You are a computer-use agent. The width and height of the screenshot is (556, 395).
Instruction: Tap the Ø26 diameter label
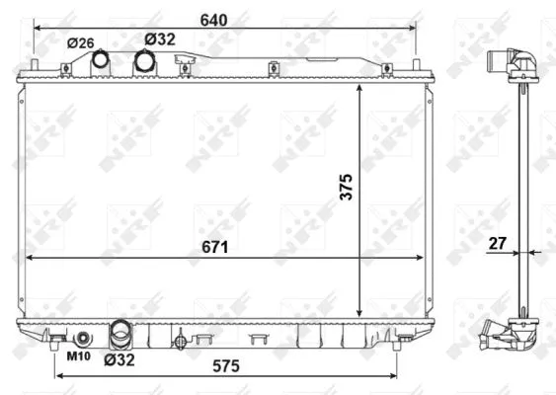pos(81,41)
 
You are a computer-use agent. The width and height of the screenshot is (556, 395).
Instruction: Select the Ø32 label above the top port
pos(159,39)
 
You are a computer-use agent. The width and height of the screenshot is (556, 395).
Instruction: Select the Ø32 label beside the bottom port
pos(119,359)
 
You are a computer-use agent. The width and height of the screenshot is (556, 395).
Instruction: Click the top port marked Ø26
pos(101,61)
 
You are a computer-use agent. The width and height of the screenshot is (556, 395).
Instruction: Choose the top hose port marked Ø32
pos(145,61)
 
